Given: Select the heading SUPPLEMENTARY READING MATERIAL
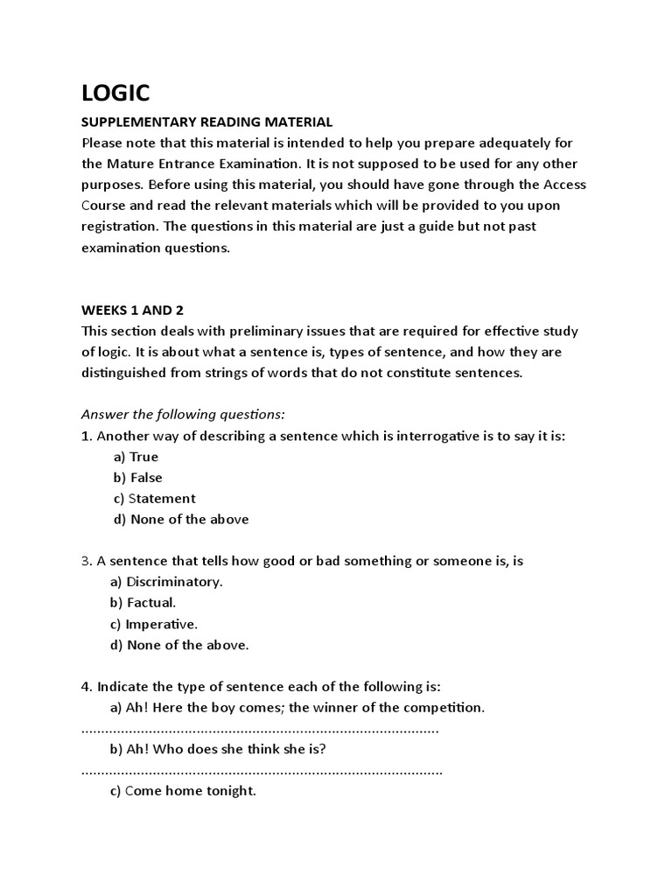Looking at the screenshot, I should (x=207, y=122).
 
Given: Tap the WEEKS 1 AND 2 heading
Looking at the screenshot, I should (x=133, y=311).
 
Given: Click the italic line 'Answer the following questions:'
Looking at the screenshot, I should (x=184, y=414).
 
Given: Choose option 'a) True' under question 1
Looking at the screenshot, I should (x=136, y=457).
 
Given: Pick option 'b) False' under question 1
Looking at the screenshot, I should (x=137, y=478).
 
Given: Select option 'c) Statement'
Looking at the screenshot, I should (x=154, y=499).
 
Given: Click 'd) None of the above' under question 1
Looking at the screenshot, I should (x=181, y=520).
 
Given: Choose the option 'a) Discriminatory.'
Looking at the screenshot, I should (x=168, y=582).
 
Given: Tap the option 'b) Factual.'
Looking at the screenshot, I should (x=143, y=603).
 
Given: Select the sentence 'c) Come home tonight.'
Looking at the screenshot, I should (x=184, y=791).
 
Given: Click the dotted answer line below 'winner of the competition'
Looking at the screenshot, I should (x=260, y=729).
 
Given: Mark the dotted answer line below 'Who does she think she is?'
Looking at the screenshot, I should (x=262, y=771).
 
